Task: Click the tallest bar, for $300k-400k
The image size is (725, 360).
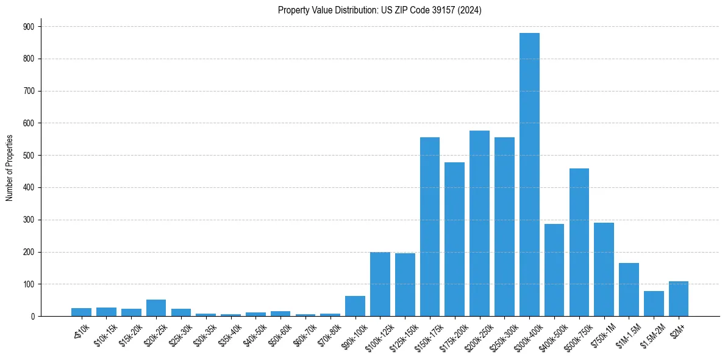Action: coord(529,175)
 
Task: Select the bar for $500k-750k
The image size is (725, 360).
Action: coord(579,242)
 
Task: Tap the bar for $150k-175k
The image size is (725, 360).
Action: coord(430,227)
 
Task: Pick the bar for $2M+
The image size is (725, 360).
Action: coord(679,299)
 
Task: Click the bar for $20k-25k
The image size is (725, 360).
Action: coord(156,308)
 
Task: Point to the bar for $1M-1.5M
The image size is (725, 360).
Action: coord(629,290)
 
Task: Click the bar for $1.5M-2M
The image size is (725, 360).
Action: coord(654,304)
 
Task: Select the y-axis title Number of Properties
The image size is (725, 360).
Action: coord(10,168)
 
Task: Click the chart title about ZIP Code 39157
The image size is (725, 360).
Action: coord(380,10)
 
